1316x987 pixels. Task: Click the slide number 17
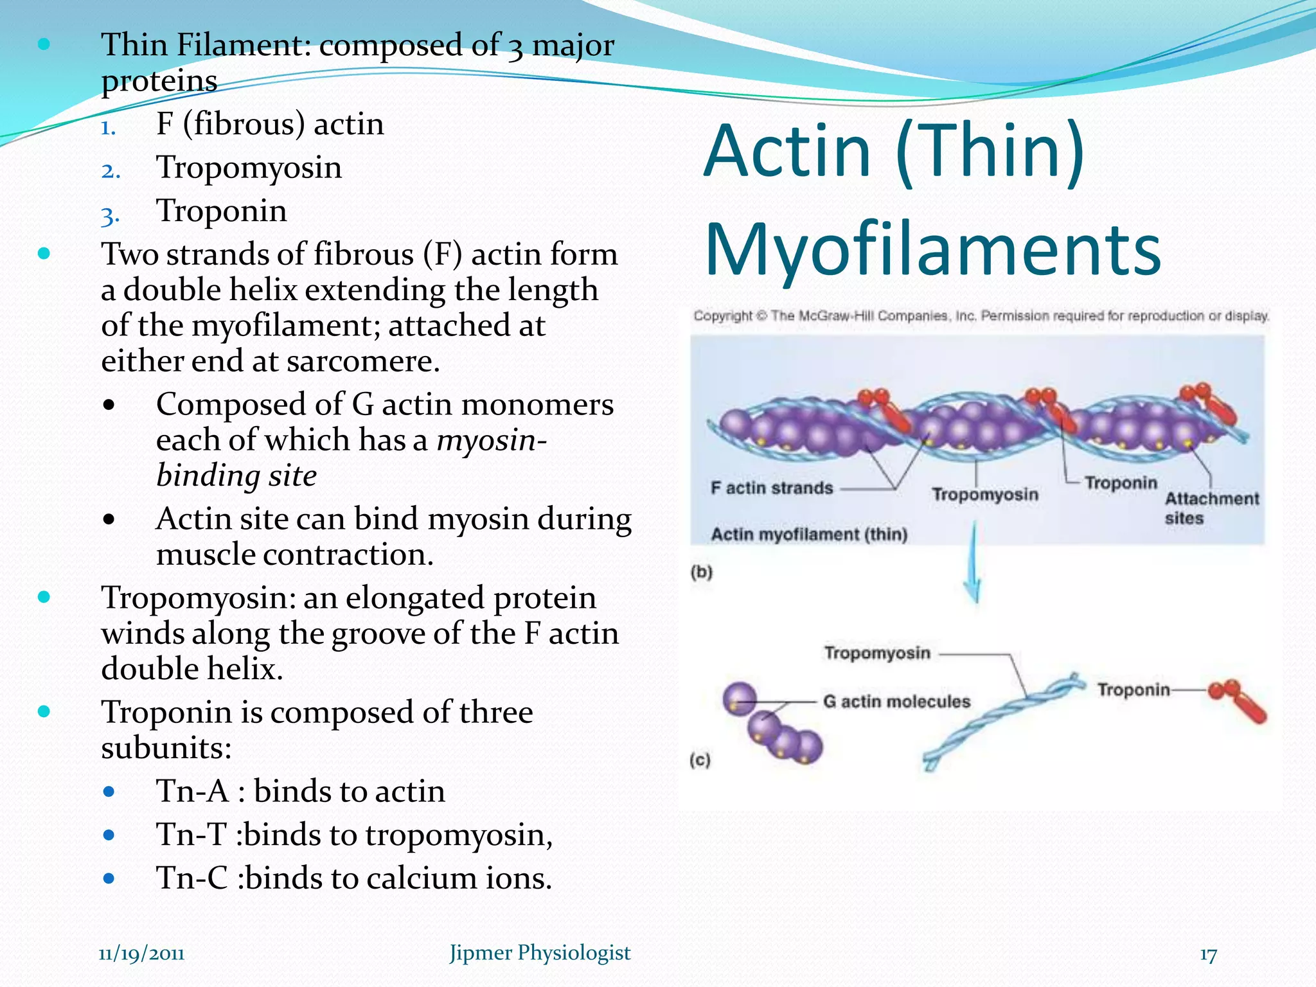1208,955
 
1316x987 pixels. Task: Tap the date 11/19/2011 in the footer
141,953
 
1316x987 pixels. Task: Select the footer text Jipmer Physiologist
540,953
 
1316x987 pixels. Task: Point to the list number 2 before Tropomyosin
111,170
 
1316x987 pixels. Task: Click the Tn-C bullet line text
354,878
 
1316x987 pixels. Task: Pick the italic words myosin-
492,440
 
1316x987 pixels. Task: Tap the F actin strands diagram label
772,488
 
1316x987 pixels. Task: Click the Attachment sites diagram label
1211,508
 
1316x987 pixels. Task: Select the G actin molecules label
896,701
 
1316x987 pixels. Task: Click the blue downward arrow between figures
974,565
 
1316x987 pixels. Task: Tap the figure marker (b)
702,572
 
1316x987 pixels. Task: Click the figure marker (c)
700,760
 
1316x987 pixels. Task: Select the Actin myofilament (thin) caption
809,535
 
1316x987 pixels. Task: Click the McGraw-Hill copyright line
981,316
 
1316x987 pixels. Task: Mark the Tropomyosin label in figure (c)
877,653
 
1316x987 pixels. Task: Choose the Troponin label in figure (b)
1121,483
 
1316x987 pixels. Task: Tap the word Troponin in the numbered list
222,211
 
